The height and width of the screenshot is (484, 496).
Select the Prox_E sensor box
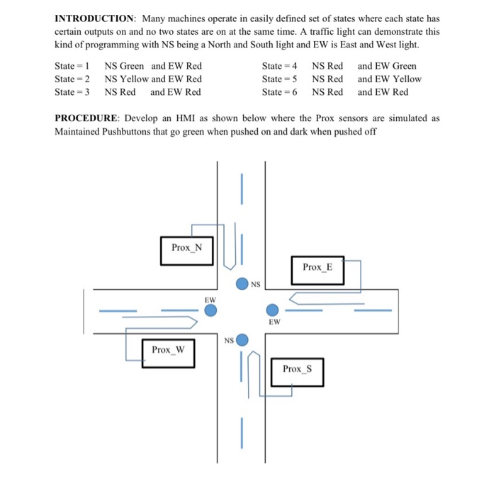317,267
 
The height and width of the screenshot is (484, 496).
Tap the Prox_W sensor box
168,350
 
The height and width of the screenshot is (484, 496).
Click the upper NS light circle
242,284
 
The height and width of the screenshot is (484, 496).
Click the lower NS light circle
242,341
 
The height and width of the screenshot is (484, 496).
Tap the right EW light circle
272,310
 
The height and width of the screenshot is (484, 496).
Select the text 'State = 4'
279,66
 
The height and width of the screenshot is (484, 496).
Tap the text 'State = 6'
279,92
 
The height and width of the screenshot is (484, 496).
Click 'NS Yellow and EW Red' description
153,79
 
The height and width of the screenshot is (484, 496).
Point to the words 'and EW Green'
387,66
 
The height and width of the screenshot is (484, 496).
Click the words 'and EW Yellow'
389,79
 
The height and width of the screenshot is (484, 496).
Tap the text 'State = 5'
279,79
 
